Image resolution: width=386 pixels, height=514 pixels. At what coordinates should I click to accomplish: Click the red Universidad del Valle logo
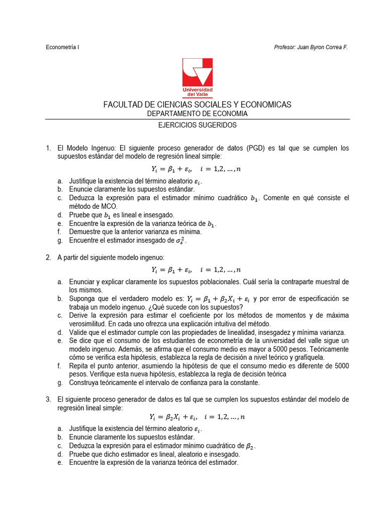point(197,78)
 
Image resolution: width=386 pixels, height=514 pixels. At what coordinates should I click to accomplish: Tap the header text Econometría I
point(62,47)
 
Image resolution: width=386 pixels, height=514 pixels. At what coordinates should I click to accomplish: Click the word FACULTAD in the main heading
point(123,104)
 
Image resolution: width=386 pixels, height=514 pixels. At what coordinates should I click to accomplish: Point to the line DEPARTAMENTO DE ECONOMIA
point(197,113)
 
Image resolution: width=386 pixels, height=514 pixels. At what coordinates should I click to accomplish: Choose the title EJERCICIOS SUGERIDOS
point(197,125)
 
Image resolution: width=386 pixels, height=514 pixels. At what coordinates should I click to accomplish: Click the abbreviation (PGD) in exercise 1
point(256,148)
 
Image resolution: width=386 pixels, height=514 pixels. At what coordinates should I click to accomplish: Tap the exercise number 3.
point(48,399)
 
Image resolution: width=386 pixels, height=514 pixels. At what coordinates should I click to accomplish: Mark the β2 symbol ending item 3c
point(251,446)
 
